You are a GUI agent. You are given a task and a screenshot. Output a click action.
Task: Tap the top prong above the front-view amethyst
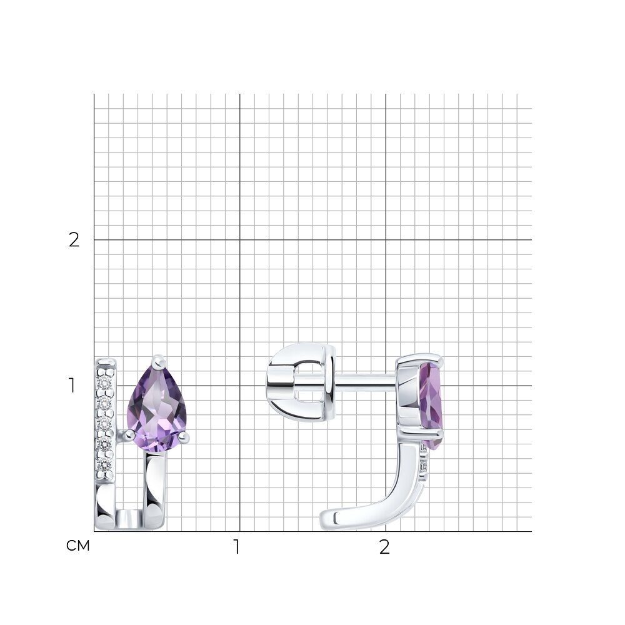(x=159, y=361)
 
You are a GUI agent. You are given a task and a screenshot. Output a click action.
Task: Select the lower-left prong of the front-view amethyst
(x=128, y=435)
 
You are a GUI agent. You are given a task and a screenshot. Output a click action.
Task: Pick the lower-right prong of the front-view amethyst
(x=183, y=437)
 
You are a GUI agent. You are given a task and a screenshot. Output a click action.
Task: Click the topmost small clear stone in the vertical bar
(x=106, y=382)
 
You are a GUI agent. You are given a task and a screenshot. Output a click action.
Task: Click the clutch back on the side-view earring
(x=301, y=382)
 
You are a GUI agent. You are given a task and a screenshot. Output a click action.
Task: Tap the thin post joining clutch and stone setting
(x=366, y=381)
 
